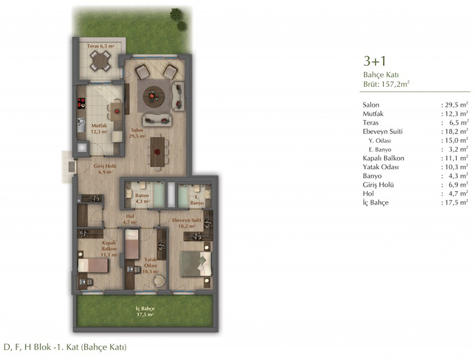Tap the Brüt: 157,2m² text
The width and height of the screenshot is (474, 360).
[386, 84]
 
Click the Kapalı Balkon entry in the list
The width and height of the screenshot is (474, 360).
[383, 158]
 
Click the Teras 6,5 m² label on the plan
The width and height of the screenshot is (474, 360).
[101, 46]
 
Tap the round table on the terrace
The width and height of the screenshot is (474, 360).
[100, 61]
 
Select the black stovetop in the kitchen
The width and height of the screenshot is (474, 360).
[81, 103]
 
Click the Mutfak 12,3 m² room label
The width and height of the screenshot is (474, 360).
[99, 129]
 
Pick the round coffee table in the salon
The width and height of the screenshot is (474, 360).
[153, 97]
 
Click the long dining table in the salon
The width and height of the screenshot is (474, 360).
[158, 152]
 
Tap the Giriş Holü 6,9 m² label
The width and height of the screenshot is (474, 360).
[105, 169]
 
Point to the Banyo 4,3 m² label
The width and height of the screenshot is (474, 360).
[142, 198]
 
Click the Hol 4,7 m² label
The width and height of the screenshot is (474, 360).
[130, 219]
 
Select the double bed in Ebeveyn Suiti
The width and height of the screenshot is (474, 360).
[196, 264]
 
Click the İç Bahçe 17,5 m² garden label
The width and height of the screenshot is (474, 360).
[145, 311]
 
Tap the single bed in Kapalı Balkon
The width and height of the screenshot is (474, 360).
[93, 266]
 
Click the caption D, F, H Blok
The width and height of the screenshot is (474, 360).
[65, 347]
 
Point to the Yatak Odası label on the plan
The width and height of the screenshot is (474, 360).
[150, 263]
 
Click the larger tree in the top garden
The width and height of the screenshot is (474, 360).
[176, 14]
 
